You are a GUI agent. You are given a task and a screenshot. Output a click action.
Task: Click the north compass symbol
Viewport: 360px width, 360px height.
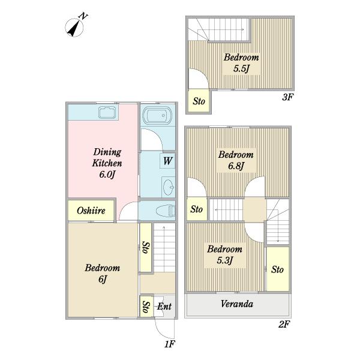tap(74, 26)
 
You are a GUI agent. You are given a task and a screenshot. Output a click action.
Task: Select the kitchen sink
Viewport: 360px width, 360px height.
tap(107, 113)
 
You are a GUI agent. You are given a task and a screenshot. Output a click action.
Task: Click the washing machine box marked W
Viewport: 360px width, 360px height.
tap(167, 161)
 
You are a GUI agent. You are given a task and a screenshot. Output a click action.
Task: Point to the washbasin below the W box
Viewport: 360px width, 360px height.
tap(168, 187)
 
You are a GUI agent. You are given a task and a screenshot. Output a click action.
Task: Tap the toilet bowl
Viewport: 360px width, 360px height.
tap(166, 211)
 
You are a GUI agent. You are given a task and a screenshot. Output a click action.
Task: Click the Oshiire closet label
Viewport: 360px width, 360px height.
tap(91, 211)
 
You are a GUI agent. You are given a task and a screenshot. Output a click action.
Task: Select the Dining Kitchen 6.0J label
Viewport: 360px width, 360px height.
tap(107, 163)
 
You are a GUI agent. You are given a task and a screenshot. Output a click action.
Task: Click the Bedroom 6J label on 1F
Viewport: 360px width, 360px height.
tap(103, 273)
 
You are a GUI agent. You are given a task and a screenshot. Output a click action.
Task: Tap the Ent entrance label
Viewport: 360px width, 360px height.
tap(164, 306)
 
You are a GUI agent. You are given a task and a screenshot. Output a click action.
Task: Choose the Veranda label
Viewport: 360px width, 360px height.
tap(237, 304)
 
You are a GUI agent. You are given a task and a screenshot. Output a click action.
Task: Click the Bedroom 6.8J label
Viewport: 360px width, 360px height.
tap(236, 160)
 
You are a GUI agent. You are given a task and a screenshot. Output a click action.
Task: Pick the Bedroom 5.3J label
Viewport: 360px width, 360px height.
tap(225, 254)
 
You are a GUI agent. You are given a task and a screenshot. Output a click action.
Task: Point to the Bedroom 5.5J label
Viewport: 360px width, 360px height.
tap(241, 62)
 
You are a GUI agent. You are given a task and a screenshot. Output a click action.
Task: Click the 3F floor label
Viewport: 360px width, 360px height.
tap(287, 97)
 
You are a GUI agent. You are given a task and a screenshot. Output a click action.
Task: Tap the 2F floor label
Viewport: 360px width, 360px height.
tap(284, 324)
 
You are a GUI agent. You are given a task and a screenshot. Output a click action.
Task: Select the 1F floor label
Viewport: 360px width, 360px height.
tap(170, 344)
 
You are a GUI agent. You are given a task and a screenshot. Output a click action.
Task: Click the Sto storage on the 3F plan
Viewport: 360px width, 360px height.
tap(199, 101)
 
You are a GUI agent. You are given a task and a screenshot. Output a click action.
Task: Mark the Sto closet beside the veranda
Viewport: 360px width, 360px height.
tap(278, 269)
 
